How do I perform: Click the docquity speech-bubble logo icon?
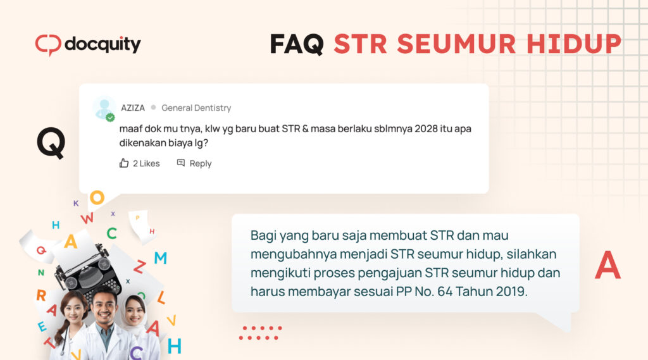click(48, 45)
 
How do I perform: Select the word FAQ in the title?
click(297, 44)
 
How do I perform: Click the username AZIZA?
click(133, 108)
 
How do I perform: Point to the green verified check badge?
click(110, 118)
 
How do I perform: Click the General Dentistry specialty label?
click(196, 108)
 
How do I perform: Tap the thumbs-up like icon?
click(124, 163)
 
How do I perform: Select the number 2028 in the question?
click(426, 128)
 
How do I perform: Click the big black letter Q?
click(51, 142)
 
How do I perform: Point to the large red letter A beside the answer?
click(607, 265)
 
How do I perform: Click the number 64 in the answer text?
click(445, 292)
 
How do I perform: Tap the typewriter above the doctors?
click(88, 273)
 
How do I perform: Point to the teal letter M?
click(160, 258)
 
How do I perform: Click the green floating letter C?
click(111, 233)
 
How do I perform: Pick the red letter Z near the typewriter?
click(139, 266)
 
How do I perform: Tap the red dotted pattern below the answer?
click(260, 333)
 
